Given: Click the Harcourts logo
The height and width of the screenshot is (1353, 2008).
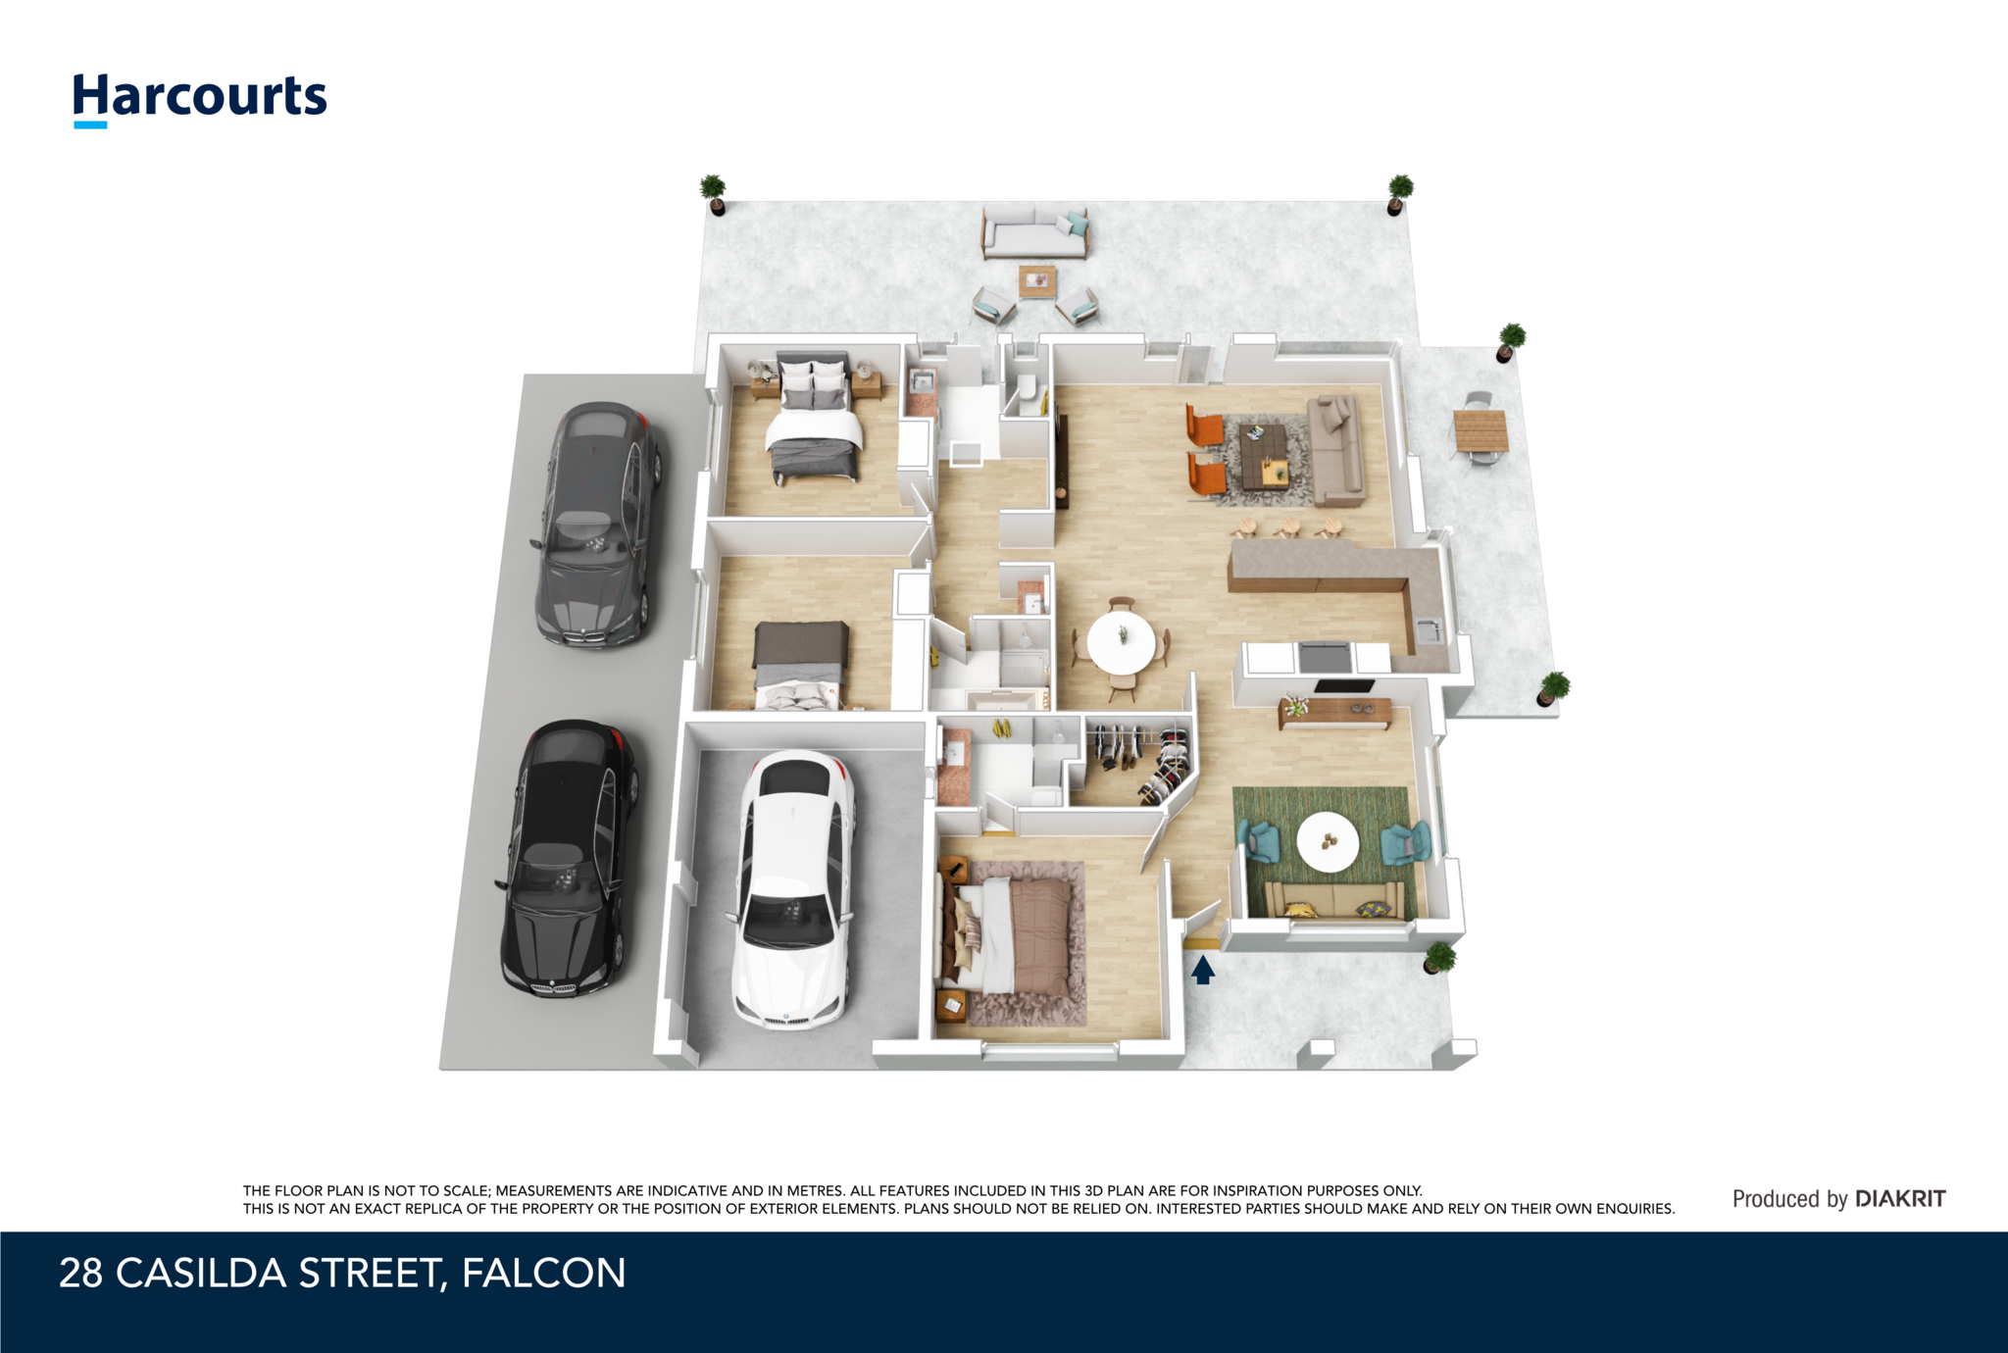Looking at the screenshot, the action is (x=200, y=99).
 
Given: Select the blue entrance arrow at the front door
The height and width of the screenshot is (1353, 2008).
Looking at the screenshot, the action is (x=1203, y=970).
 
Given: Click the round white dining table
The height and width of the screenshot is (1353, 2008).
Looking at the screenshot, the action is (x=1121, y=641).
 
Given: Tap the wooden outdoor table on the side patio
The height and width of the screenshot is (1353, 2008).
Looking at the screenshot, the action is (x=1481, y=430).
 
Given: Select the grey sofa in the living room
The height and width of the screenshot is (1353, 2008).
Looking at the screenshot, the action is (x=1336, y=449).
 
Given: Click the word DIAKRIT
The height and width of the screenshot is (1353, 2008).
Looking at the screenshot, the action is (x=1900, y=1198).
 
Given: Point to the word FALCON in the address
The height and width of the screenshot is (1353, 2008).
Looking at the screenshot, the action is (x=543, y=1273).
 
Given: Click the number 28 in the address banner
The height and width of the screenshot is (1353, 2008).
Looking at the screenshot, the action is (x=80, y=1273).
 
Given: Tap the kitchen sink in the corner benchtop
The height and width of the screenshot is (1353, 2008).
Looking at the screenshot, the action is (x=1428, y=629).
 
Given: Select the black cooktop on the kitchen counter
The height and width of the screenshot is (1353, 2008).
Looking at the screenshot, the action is (x=1324, y=656).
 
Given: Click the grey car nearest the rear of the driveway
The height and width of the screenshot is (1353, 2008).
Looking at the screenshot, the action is (x=597, y=525).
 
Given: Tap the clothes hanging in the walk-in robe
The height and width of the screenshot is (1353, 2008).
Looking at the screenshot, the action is (x=1140, y=760).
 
